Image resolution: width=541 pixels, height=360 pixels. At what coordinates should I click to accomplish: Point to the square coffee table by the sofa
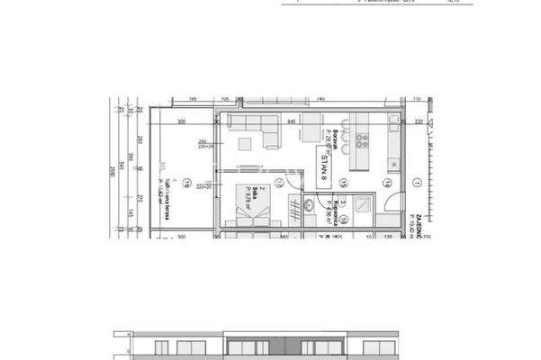(245, 143)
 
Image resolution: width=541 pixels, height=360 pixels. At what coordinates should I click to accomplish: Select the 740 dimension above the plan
(321, 99)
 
